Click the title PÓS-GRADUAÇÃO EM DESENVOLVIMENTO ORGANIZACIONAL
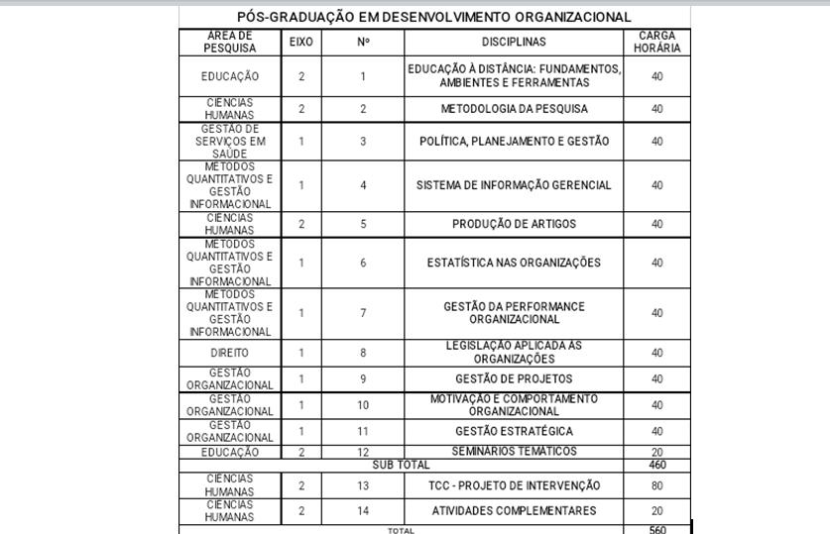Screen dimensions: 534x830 [434, 17]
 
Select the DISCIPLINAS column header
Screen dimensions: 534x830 [514, 42]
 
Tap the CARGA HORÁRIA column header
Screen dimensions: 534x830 [656, 42]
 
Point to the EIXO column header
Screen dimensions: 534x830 [301, 42]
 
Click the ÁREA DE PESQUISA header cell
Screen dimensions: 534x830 [230, 42]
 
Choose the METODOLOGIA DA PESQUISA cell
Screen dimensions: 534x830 [514, 109]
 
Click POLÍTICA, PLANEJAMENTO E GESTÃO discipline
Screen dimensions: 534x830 [514, 142]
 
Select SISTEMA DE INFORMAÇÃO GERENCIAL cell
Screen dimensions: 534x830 [514, 185]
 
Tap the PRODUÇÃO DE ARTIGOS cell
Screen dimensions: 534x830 [514, 224]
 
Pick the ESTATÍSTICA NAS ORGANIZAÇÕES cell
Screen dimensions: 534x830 [514, 263]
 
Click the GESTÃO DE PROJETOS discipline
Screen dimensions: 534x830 [514, 378]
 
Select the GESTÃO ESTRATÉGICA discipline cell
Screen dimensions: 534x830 [514, 431]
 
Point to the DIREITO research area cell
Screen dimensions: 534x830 [230, 353]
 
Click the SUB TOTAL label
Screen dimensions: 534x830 [401, 465]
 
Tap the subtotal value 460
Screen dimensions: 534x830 [656, 465]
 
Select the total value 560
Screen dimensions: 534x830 [656, 530]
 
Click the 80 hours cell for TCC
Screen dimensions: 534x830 [656, 485]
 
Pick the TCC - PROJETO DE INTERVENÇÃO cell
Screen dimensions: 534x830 [514, 485]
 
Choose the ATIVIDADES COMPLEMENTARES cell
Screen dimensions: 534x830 [514, 511]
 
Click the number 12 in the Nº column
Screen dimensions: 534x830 [363, 452]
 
